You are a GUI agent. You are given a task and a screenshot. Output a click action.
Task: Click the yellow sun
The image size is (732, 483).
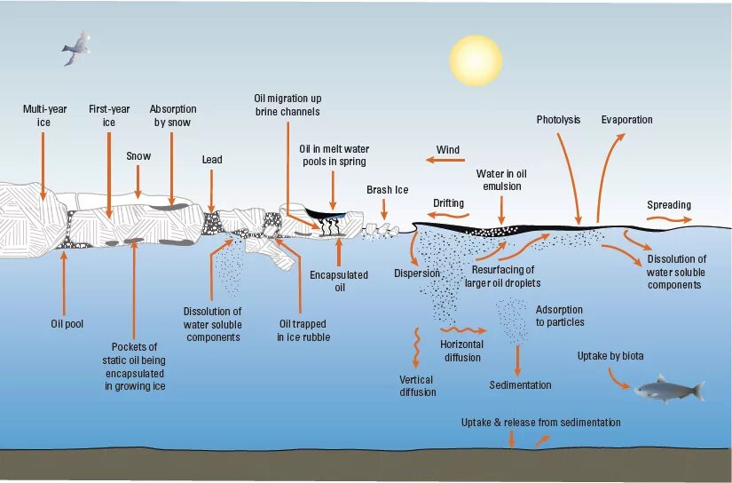point(475,59)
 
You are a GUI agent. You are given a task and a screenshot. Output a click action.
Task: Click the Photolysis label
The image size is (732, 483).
point(558,120)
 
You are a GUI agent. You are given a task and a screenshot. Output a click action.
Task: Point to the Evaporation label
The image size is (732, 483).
point(626,120)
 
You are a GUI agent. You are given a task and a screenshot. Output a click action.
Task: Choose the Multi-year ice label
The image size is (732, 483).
point(44,115)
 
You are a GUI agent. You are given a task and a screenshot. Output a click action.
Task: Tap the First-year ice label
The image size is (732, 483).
point(109,115)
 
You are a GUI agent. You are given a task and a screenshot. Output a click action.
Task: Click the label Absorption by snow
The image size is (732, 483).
point(171,115)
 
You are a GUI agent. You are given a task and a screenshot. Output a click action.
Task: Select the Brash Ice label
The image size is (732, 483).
point(387,190)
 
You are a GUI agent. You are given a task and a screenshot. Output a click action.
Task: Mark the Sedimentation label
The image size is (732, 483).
point(520,385)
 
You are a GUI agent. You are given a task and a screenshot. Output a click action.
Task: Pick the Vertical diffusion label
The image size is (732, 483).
point(417,385)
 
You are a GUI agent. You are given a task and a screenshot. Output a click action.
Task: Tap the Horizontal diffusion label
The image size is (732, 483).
point(462,351)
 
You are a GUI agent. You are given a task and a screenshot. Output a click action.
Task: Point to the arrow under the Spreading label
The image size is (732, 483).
point(668,218)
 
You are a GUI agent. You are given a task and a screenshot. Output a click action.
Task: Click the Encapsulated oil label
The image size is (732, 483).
point(339,281)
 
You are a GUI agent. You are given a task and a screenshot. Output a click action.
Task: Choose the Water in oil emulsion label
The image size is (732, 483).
point(501,180)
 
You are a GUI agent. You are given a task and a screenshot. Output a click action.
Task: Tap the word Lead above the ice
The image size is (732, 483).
point(212,160)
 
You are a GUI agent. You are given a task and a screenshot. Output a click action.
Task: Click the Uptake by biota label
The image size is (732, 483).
point(610,356)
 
